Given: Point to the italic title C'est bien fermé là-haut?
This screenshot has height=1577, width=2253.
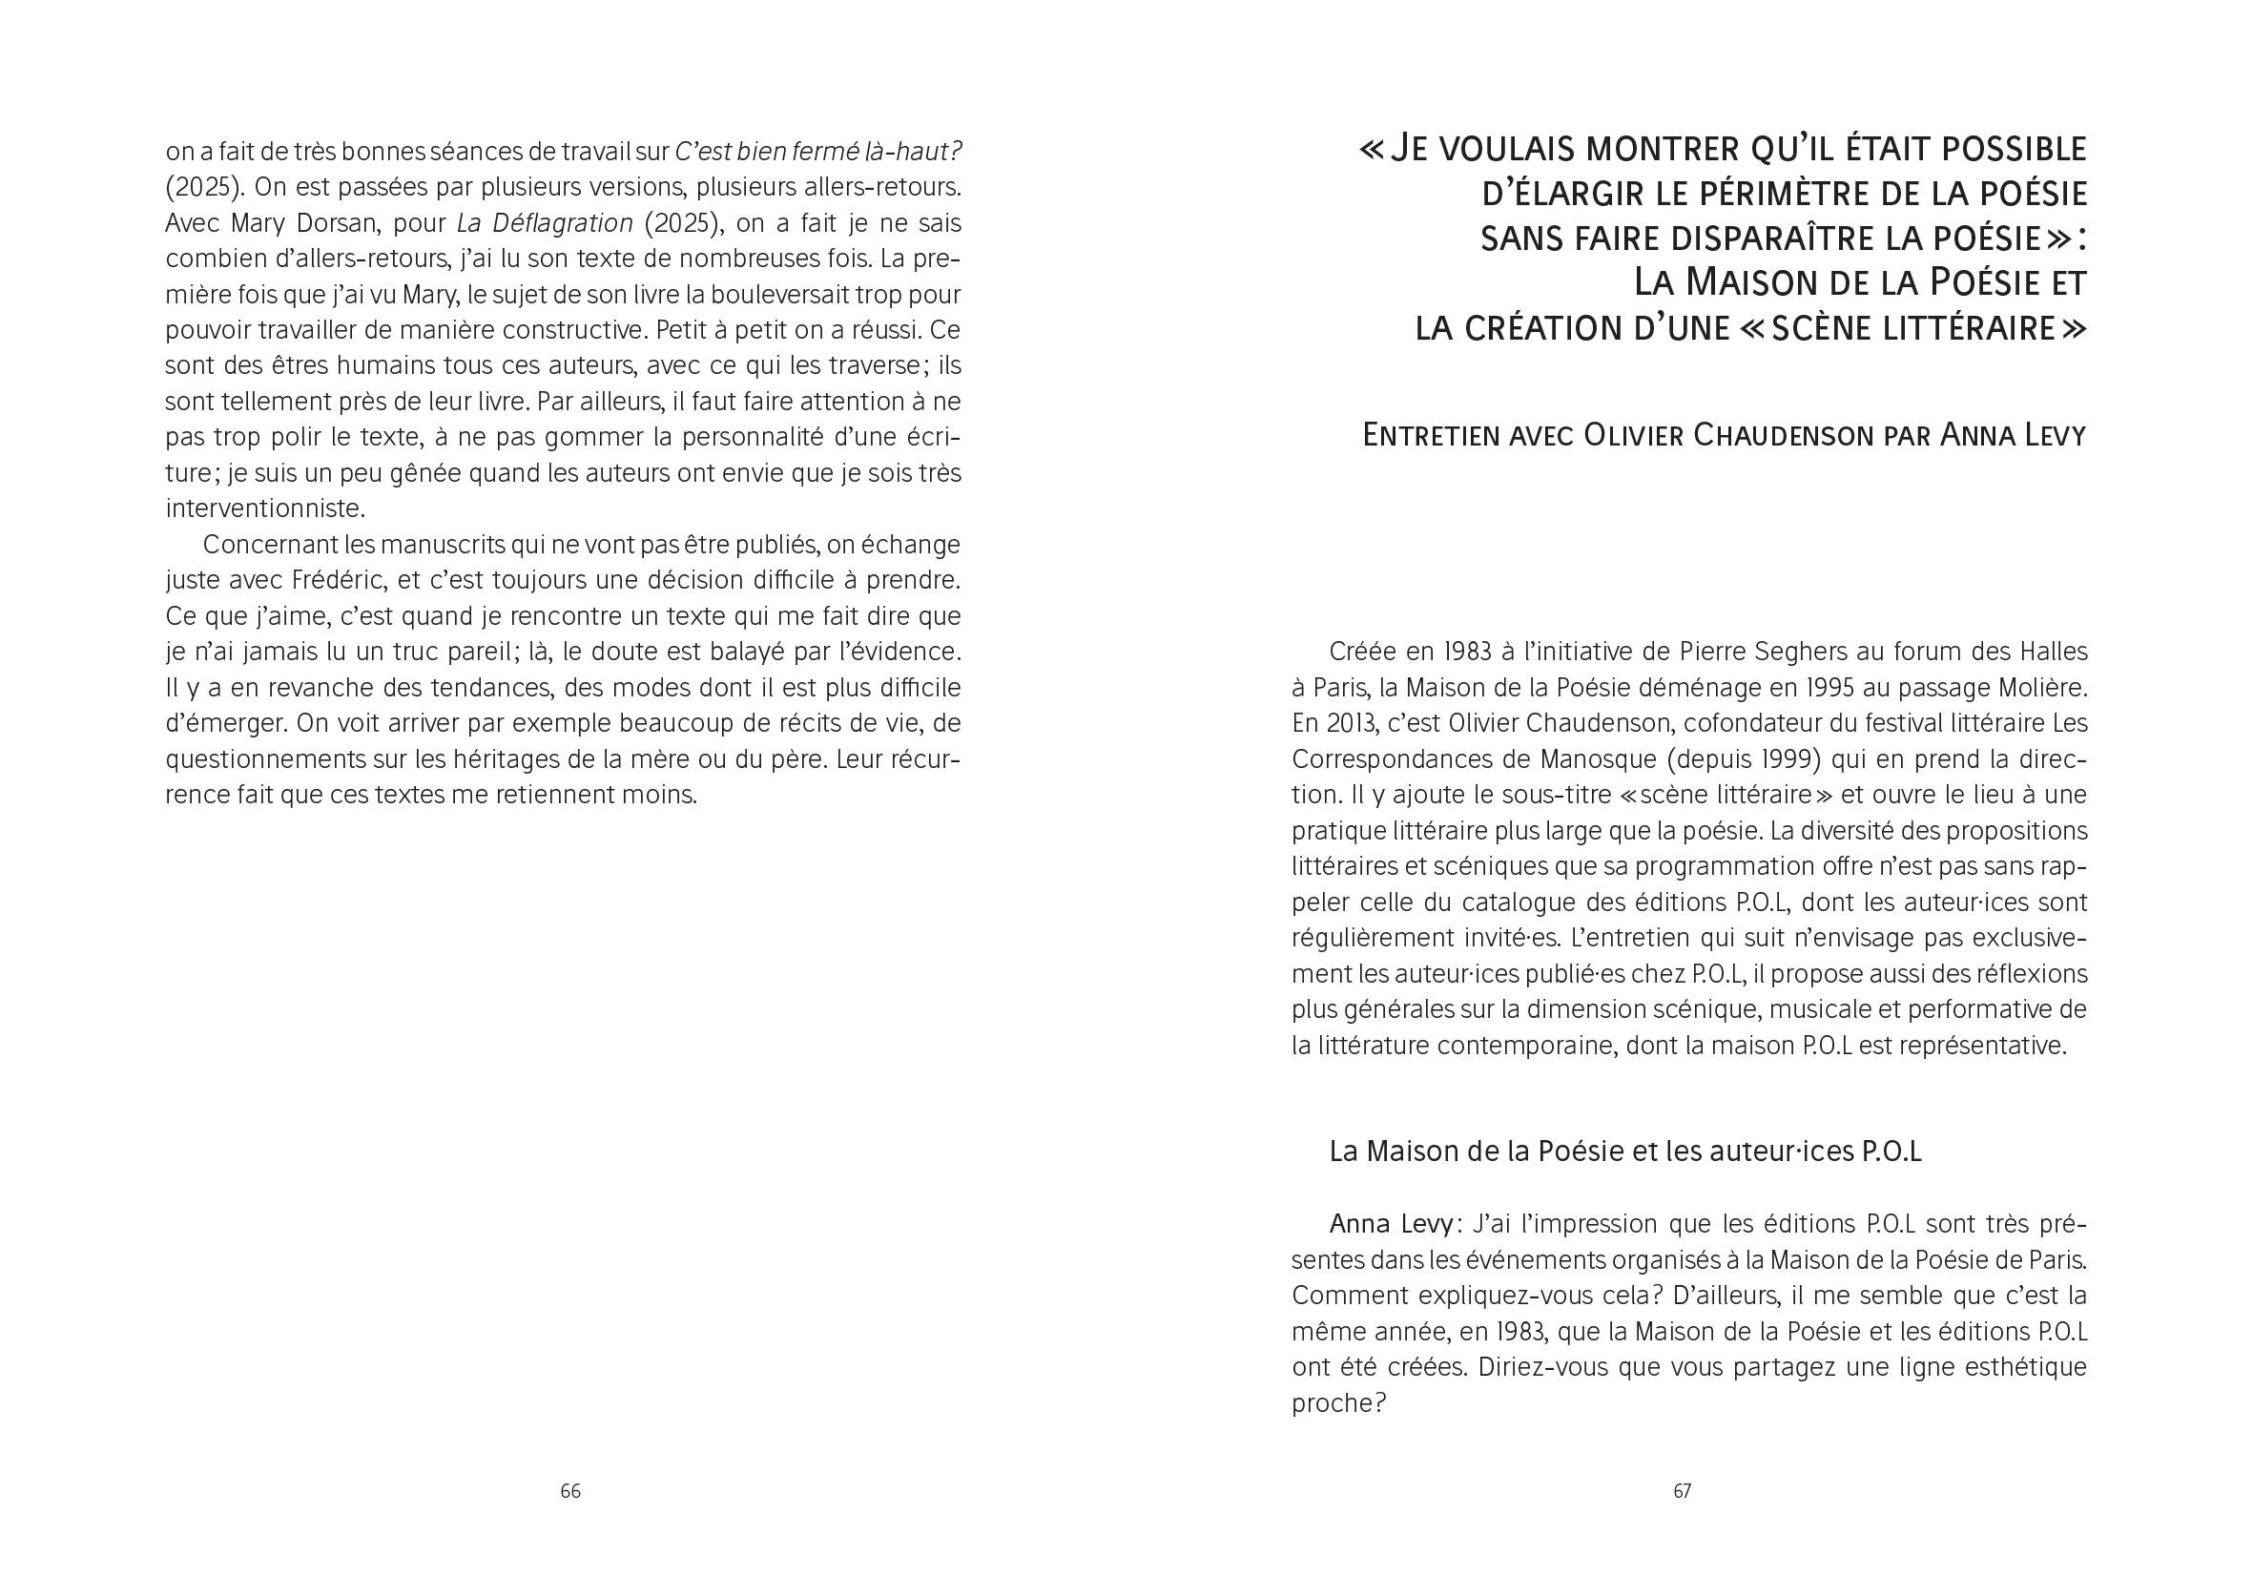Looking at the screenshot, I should [x=818, y=152].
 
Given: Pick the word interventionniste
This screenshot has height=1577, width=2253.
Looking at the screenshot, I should [x=251, y=509].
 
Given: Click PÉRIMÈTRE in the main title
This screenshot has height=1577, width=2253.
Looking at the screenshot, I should [x=1756, y=195].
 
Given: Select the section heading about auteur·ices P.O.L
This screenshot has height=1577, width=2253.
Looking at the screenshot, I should [x=1625, y=1152].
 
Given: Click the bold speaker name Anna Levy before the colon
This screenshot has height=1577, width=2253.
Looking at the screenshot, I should [x=1391, y=1224].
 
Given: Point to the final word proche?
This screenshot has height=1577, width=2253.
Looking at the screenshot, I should [x=1338, y=1403].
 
